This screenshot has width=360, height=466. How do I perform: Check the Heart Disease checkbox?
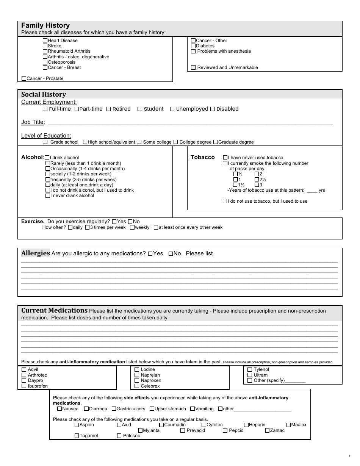click(45, 41)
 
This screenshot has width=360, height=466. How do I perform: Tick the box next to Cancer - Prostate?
click(24, 78)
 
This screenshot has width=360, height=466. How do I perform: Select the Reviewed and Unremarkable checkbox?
click(193, 67)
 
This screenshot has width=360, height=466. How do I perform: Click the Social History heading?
click(44, 94)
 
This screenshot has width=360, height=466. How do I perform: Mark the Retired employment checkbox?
click(109, 109)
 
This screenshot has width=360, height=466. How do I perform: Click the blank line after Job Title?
click(189, 122)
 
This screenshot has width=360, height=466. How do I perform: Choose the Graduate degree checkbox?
click(216, 142)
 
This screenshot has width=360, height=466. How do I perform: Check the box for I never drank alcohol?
click(48, 196)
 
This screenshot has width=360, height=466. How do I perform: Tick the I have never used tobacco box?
click(225, 158)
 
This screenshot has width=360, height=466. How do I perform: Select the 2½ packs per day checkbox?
click(257, 180)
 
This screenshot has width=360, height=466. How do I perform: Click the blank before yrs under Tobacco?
click(311, 191)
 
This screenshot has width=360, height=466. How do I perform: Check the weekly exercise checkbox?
click(132, 228)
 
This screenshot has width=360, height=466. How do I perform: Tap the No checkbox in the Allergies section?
click(171, 254)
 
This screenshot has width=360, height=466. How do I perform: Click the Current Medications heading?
click(54, 310)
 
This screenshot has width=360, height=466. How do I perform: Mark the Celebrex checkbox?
click(137, 386)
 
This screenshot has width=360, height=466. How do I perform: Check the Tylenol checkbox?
click(250, 370)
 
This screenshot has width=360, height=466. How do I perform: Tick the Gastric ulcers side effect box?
click(114, 409)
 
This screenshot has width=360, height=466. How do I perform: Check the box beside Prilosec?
click(119, 436)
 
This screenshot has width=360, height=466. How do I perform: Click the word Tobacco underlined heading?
click(202, 157)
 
